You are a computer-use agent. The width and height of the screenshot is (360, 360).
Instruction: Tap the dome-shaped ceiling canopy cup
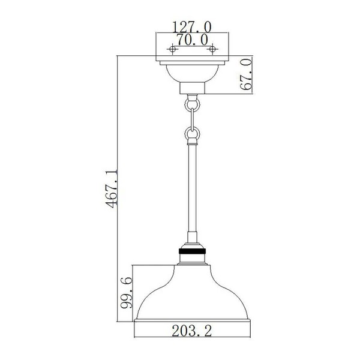click(x=191, y=73)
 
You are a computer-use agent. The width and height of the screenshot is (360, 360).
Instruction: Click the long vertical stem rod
click(x=191, y=192)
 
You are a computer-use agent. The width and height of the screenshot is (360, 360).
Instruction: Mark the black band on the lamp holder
click(x=191, y=253)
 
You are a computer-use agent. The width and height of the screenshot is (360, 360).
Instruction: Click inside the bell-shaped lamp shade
click(x=191, y=294)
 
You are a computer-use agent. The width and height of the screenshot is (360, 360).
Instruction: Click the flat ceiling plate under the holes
click(x=191, y=61)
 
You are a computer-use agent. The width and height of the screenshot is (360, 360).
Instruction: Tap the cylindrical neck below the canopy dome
click(x=191, y=89)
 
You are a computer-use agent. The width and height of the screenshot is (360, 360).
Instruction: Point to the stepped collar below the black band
click(x=191, y=260)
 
